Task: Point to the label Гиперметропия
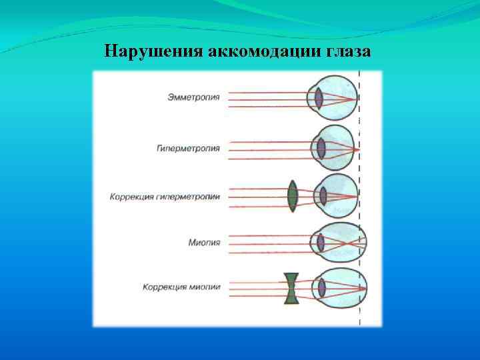click(194, 146)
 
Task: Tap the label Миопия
click(207, 243)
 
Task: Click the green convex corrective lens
click(292, 196)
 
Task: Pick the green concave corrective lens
click(291, 288)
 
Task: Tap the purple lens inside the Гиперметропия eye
click(321, 147)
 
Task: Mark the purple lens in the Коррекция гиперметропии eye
click(323, 196)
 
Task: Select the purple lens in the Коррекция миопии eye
click(322, 288)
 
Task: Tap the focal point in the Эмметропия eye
click(358, 99)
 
